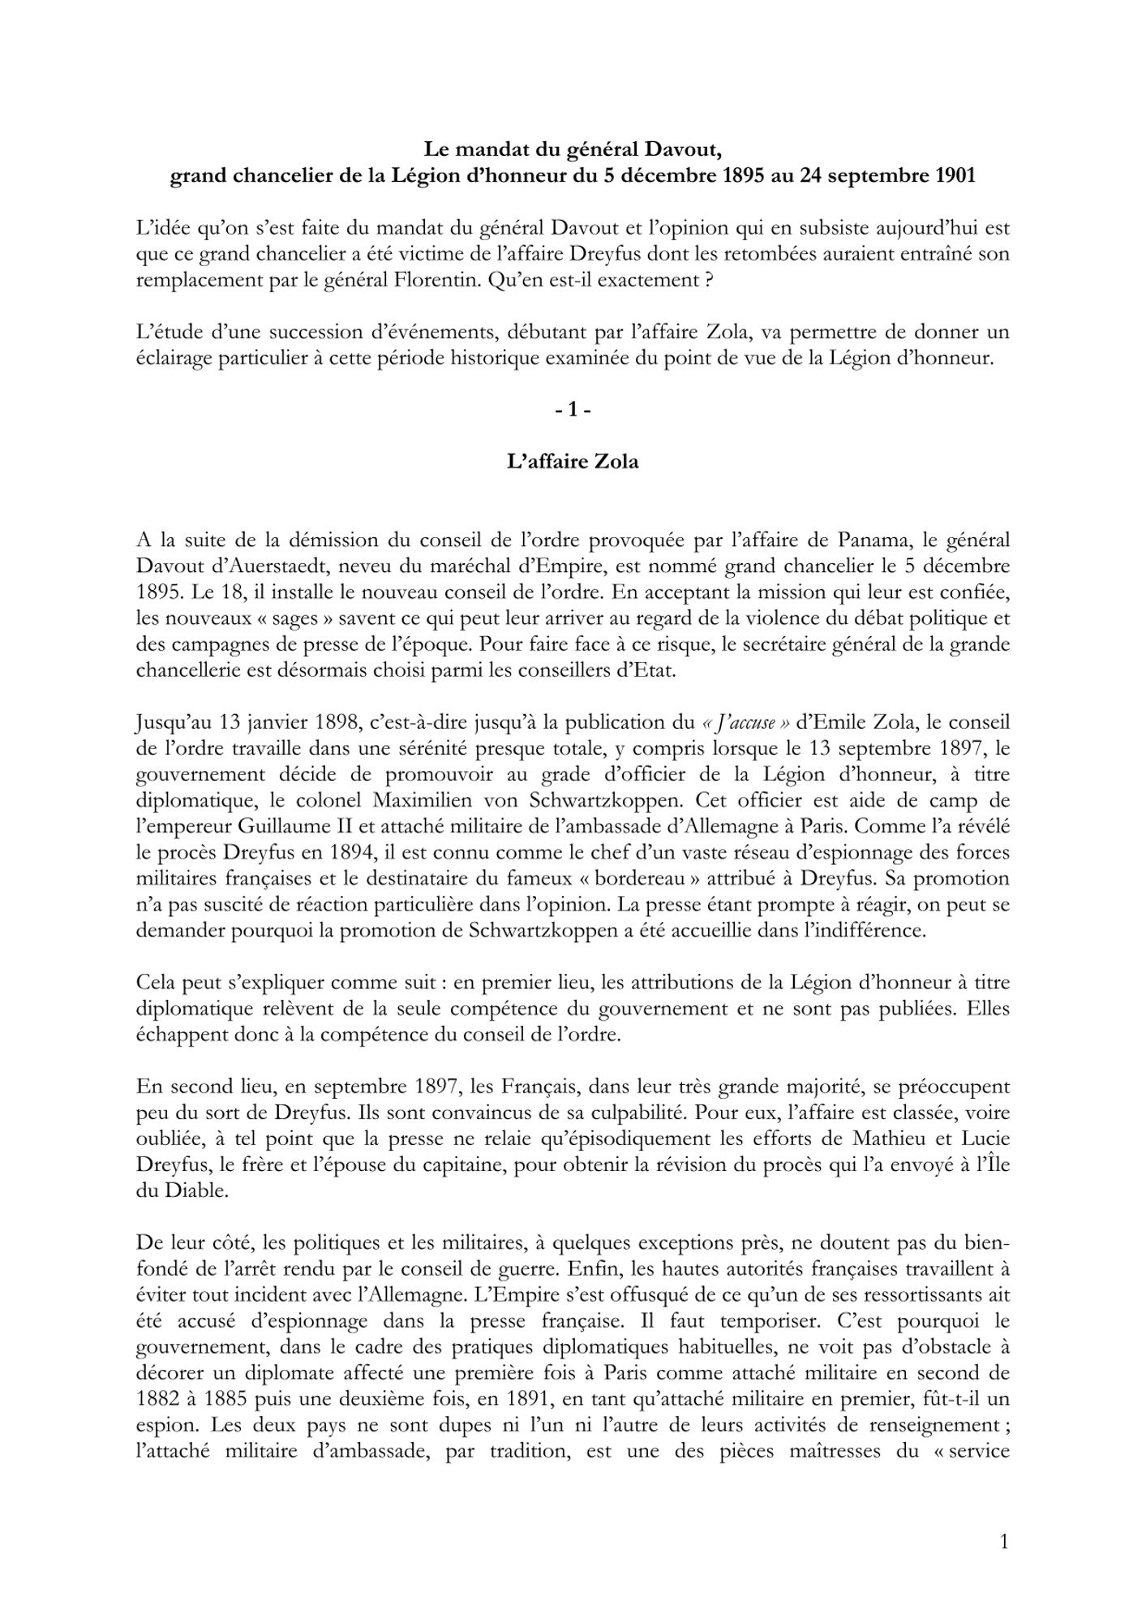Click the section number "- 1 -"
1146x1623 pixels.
click(573, 411)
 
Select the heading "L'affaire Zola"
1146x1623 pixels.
click(573, 462)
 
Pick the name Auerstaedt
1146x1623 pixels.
click(267, 566)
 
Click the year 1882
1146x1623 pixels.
click(161, 1398)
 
